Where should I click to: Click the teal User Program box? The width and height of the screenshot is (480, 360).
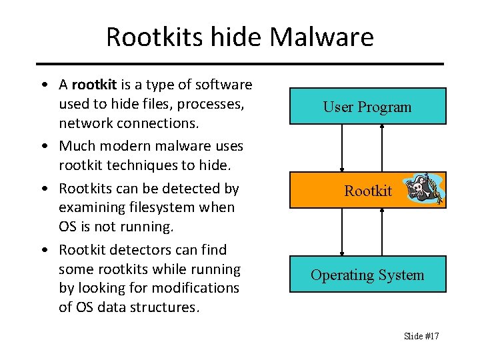click(x=367, y=107)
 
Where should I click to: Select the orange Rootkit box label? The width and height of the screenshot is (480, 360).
click(x=368, y=191)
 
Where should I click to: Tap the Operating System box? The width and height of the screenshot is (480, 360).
click(x=367, y=275)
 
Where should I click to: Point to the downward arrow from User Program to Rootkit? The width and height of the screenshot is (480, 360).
click(x=342, y=148)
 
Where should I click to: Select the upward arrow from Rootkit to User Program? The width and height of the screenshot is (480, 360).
click(x=382, y=148)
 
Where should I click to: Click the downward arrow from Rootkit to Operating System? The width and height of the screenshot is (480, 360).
click(x=342, y=233)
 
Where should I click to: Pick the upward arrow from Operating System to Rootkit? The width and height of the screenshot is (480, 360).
click(x=382, y=233)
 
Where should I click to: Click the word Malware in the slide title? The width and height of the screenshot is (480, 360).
click(x=323, y=37)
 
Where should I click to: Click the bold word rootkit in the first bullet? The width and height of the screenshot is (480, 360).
click(x=94, y=85)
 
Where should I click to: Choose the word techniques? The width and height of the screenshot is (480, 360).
click(x=132, y=165)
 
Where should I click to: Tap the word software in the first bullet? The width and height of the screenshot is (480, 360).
click(x=225, y=85)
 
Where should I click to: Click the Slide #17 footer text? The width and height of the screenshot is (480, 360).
click(x=421, y=336)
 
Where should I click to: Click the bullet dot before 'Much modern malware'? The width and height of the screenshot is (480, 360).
click(x=43, y=146)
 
